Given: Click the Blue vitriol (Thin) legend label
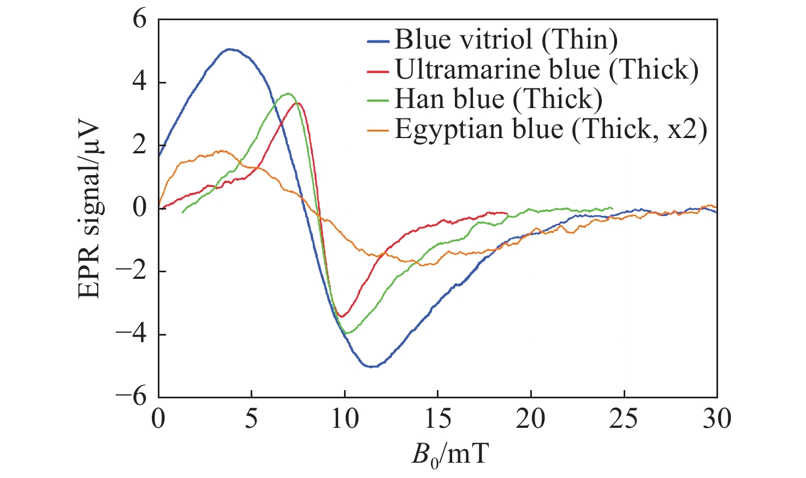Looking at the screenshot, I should pos(506,39).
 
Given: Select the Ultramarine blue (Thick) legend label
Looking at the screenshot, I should pos(546,69).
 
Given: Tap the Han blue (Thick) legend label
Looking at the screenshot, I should pos(498,99).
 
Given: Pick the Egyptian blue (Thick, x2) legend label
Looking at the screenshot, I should pos(550,129).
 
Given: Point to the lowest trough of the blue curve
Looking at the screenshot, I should pos(372,367).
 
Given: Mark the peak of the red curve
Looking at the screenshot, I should pos(298,103).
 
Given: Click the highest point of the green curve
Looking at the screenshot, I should pos(288,93).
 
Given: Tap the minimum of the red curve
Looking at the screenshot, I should pos(342,316).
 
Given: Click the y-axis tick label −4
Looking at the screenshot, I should pos(132,334).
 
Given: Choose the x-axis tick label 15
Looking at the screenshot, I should pos(438,419).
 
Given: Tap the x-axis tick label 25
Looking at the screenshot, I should pos(624,419).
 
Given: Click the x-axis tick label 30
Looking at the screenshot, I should pos(716,419).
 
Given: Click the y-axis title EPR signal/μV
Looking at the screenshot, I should pos(90,209).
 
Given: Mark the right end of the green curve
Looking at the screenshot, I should pos(613,208).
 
